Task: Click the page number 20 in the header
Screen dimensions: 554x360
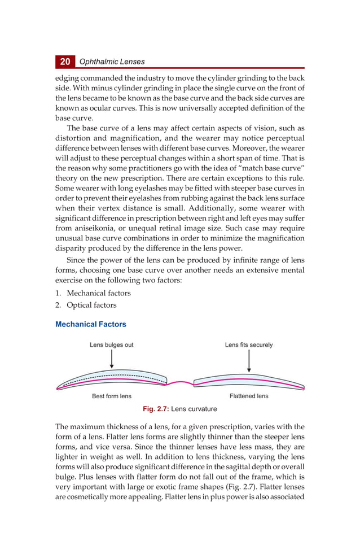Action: (x=65, y=61)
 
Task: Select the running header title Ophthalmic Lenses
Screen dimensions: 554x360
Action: (x=112, y=62)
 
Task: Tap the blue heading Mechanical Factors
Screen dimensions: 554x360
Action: (x=90, y=324)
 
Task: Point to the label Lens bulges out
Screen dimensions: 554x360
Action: (x=112, y=345)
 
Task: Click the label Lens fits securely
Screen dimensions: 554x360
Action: (x=248, y=345)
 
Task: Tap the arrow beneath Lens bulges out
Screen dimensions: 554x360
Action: (x=112, y=359)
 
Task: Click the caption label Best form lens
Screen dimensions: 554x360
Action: (x=112, y=396)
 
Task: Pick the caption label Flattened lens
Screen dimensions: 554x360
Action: (x=249, y=396)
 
